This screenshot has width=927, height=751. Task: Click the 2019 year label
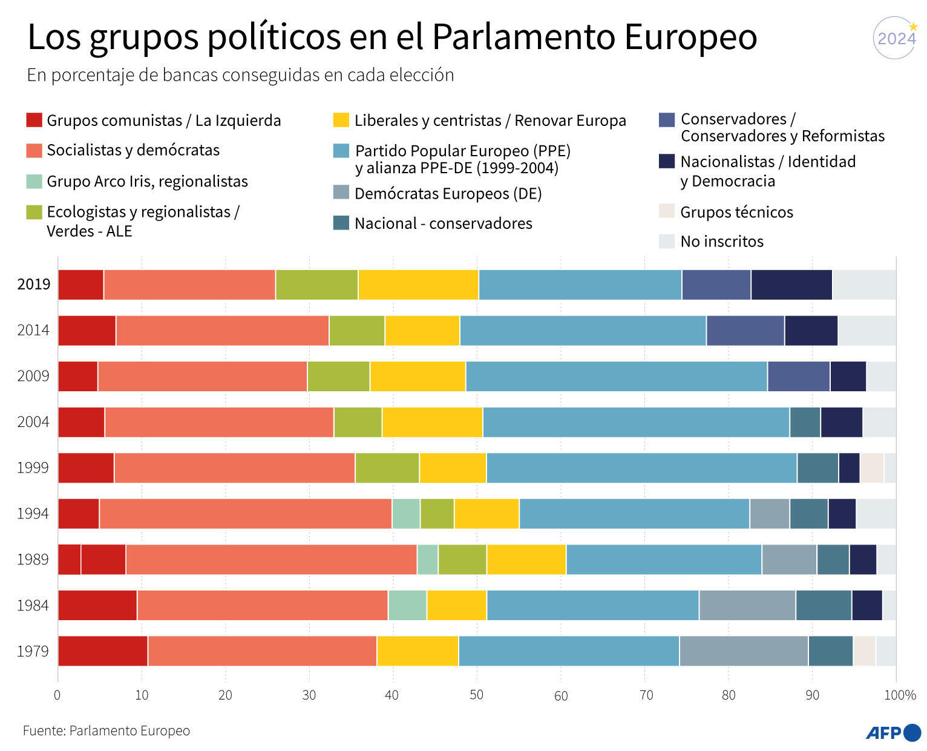(x=34, y=284)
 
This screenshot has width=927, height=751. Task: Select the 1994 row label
(x=33, y=514)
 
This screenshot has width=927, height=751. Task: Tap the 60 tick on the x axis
(x=561, y=696)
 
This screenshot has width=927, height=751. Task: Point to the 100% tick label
(x=900, y=695)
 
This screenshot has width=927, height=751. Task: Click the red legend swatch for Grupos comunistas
(x=34, y=120)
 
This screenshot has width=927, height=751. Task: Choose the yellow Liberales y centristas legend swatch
(x=341, y=120)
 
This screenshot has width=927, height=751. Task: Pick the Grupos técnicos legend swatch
(x=666, y=211)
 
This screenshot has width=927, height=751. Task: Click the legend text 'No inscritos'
(x=721, y=241)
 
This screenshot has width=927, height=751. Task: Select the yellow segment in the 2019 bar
(x=418, y=285)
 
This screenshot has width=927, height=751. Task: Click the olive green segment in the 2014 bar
(x=356, y=331)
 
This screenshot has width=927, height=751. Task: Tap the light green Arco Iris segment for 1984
(x=407, y=605)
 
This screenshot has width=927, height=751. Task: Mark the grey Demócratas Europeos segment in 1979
(x=743, y=651)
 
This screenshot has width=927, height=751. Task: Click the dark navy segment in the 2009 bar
(x=848, y=376)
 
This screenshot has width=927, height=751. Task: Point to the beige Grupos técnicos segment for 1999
(x=871, y=468)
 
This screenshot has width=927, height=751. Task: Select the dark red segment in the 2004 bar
(x=81, y=422)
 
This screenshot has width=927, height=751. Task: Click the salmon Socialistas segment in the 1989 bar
(x=271, y=560)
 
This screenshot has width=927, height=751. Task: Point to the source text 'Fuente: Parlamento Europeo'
(x=106, y=731)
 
